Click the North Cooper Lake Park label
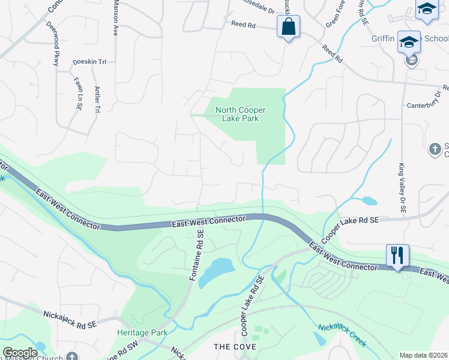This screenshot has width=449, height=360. tap(240, 114)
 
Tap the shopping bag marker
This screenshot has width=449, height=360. tap(288, 26)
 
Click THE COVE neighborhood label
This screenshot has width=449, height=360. tap(235, 347)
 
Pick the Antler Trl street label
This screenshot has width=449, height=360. tap(96, 100)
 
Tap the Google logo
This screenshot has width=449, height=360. tap(20, 352)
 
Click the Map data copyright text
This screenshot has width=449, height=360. tap(423, 355)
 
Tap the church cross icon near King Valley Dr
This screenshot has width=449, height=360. tap(435, 148)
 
